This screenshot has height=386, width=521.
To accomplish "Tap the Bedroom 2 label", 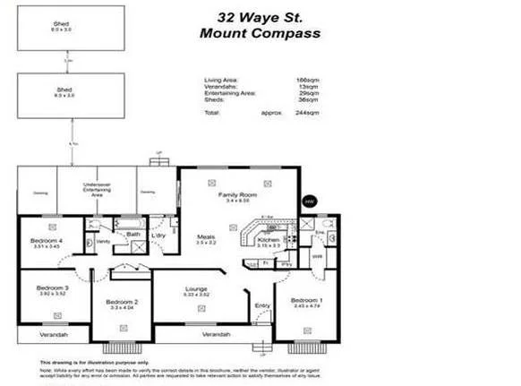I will pyautogui.click(x=123, y=303).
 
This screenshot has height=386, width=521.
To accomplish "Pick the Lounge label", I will pyautogui.click(x=196, y=288).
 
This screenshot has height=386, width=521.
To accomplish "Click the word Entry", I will pyautogui.click(x=262, y=305).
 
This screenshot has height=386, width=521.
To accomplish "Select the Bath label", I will pyautogui.click(x=132, y=235).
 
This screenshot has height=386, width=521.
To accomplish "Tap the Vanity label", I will pyautogui.click(x=104, y=242).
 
